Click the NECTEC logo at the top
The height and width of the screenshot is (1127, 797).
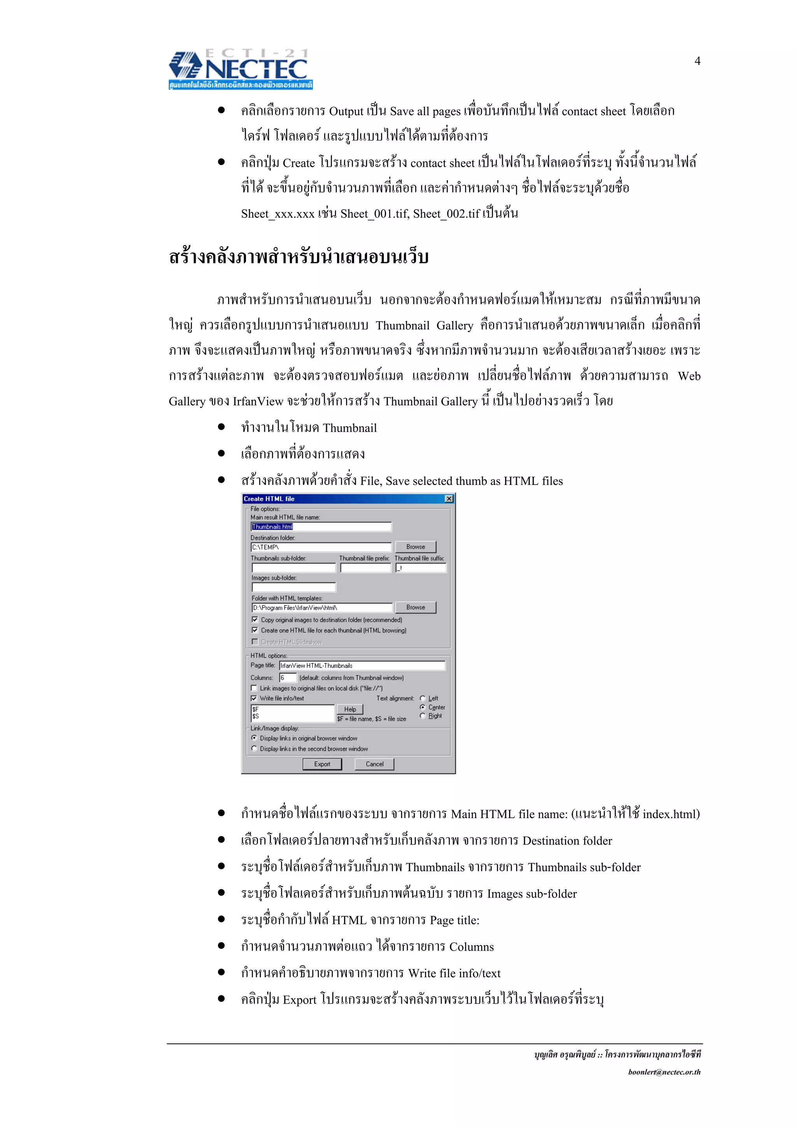241,69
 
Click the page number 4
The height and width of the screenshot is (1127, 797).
697,61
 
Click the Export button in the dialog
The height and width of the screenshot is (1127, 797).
322,764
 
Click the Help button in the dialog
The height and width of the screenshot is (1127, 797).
349,709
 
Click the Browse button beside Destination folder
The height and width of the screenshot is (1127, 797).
416,547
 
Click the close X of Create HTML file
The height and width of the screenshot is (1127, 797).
449,499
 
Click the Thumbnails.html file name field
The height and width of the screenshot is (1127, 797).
321,527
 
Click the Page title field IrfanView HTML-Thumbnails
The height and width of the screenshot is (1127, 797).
362,666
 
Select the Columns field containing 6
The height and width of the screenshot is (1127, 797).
288,678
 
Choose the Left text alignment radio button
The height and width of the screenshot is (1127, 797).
422,698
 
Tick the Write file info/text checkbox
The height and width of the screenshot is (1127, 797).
254,698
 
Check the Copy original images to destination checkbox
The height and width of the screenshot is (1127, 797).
255,620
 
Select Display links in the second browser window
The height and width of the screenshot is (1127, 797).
254,749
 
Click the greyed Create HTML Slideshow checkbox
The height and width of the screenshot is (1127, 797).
255,642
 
